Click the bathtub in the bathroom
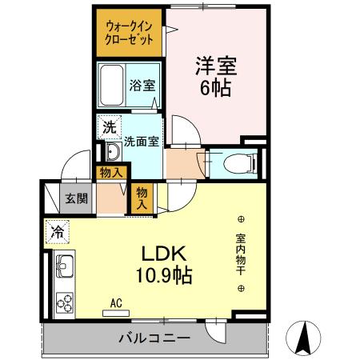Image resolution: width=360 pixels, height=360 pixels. tap(112, 83)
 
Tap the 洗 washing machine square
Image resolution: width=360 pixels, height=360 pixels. tap(108, 126)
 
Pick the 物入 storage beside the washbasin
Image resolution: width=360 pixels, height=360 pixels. tap(111, 171)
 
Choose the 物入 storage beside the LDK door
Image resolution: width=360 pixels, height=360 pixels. tap(142, 198)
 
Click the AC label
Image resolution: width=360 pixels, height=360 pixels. tap(115, 302)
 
